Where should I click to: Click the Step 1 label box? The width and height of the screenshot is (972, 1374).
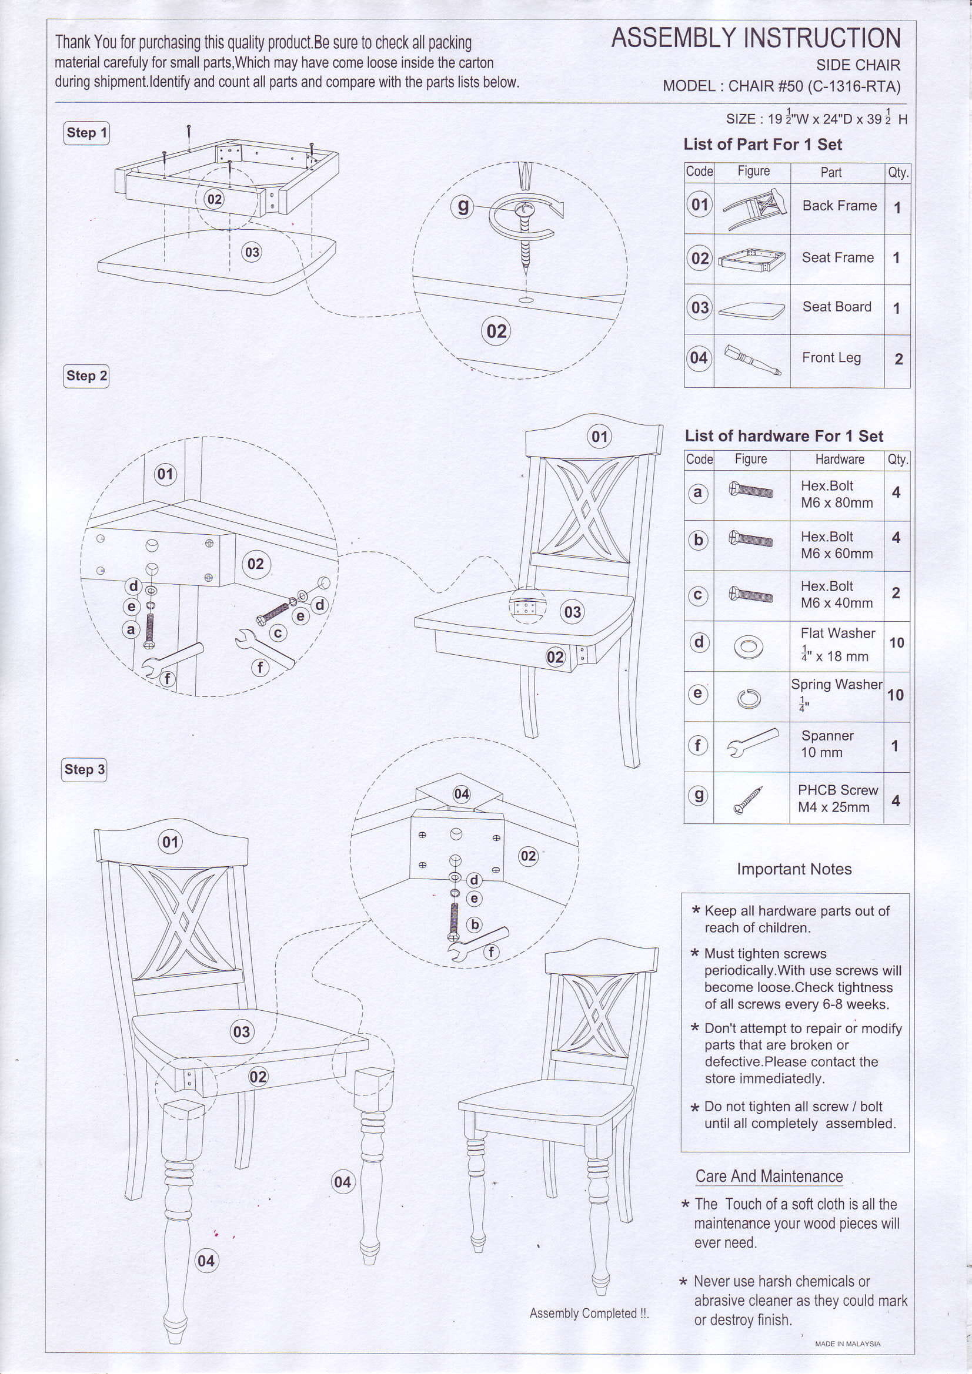[86, 133]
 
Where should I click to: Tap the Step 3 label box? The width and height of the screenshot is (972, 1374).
[85, 769]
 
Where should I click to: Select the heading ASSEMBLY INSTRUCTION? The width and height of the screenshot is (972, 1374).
[756, 38]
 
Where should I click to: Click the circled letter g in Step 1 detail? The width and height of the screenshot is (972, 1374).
[463, 206]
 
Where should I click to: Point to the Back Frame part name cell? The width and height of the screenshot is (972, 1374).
[839, 206]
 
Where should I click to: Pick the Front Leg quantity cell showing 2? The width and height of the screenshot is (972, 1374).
[898, 359]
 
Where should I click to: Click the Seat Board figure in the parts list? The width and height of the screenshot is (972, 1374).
[751, 310]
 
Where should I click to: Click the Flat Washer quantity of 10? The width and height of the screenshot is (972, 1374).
[896, 643]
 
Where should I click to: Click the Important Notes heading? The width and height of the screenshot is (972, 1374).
[794, 869]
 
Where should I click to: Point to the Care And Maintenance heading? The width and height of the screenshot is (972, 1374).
[769, 1176]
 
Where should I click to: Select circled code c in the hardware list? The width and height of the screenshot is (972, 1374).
[699, 595]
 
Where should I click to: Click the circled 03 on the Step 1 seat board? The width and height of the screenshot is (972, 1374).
[252, 252]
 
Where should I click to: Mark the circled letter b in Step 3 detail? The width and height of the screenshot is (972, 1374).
[475, 924]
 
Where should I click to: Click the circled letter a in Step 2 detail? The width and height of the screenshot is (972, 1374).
[131, 629]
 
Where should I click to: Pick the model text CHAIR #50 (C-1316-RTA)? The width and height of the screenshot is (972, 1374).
[814, 86]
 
